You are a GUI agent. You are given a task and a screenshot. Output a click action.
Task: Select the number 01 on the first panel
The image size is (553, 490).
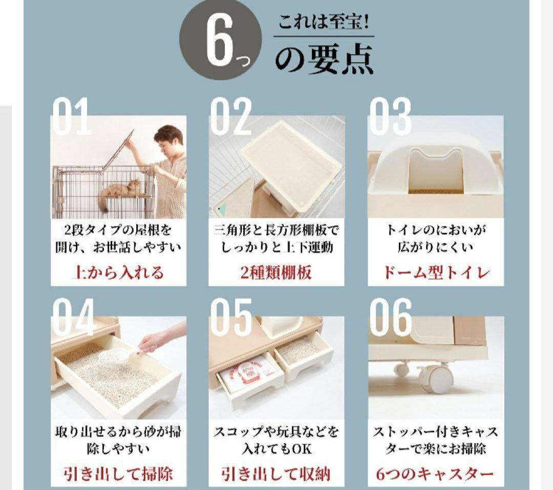71,117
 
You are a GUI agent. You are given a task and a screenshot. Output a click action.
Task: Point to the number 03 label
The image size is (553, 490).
390,117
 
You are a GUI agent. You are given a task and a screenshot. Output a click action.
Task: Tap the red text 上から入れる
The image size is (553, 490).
117,272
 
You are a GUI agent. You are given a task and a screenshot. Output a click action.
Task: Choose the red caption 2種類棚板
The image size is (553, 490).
276,272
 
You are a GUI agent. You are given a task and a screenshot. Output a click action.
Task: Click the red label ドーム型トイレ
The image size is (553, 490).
436,272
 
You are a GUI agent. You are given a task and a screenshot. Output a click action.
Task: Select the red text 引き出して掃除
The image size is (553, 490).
117,473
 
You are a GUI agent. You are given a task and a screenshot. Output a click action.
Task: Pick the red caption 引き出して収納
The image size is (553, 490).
276,473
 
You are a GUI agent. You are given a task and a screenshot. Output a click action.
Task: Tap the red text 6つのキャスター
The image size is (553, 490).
436,473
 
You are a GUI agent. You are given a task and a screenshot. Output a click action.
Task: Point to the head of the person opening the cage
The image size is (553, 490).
169,139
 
